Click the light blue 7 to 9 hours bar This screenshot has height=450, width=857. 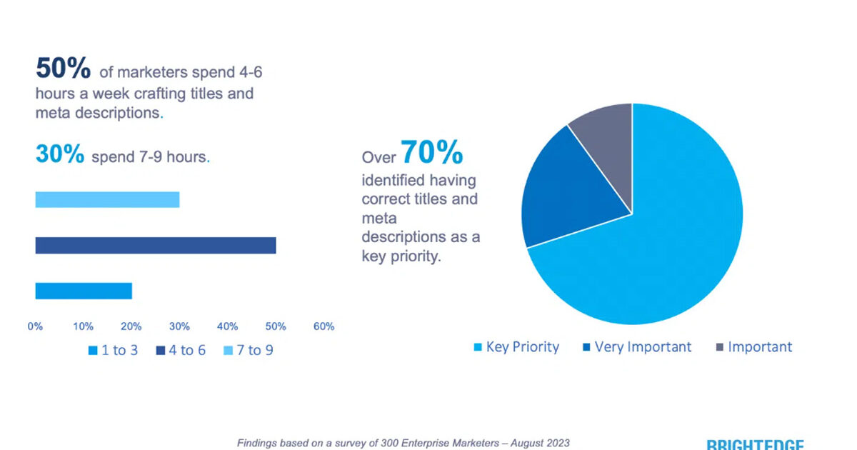(x=107, y=200)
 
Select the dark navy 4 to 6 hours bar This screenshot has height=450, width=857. (x=156, y=246)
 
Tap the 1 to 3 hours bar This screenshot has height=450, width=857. (x=84, y=291)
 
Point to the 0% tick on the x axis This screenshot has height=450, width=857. (x=35, y=326)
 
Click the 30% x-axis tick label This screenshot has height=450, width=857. (x=179, y=326)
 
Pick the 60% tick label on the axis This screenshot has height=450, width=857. (x=324, y=326)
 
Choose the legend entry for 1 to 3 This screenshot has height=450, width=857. (x=113, y=351)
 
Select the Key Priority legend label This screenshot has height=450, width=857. (x=522, y=347)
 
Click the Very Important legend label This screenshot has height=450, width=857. (x=643, y=347)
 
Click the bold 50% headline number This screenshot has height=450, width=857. (x=64, y=69)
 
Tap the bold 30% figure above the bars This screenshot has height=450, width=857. (x=60, y=154)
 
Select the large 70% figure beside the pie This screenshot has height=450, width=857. (x=431, y=152)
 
